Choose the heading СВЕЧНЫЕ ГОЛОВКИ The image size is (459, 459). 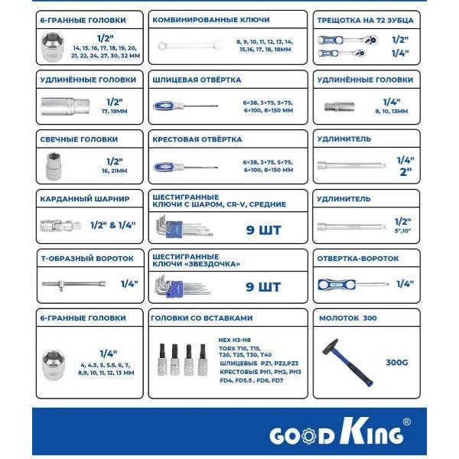coord(80,140)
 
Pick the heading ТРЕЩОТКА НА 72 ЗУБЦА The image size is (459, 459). coord(363,18)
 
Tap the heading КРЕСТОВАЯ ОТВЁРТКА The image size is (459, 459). coord(197,140)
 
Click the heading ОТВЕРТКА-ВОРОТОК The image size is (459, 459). coord(357,259)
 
